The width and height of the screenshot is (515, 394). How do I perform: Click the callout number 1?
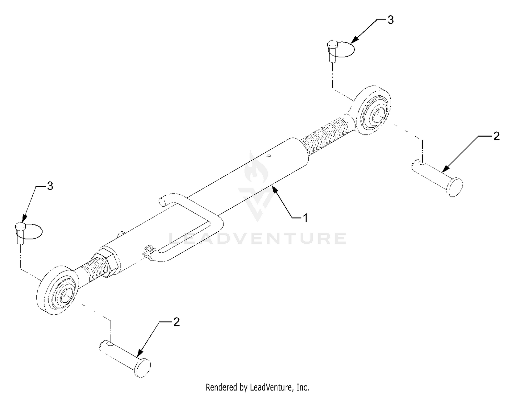[305, 218]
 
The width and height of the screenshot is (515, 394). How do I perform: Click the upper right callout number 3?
[390, 20]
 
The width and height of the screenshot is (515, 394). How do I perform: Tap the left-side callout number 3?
[50, 186]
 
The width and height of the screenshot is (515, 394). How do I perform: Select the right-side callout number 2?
[496, 136]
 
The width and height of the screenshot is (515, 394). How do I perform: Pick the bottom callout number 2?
[176, 322]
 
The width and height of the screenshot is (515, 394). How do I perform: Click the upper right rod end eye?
[374, 111]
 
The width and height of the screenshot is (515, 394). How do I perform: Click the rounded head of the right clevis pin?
[455, 187]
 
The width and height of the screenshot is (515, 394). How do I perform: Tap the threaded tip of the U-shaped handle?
[148, 252]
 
